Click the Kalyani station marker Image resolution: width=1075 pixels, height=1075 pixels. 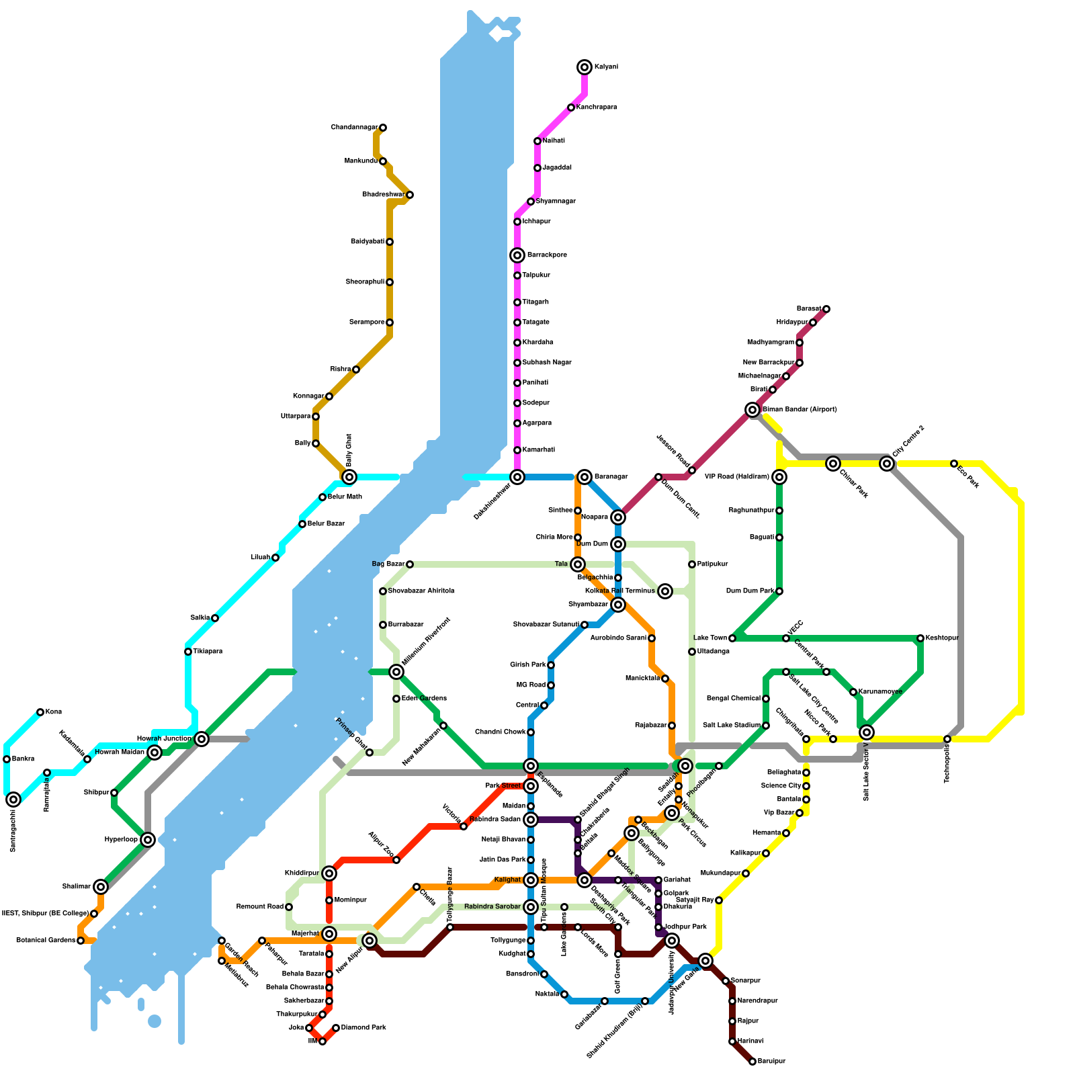pos(585,67)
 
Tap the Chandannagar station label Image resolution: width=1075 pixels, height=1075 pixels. pos(354,128)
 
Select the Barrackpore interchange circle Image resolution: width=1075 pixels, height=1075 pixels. pos(517,255)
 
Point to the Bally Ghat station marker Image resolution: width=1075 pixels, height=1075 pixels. pos(349,477)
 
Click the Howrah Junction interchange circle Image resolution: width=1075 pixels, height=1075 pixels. pos(202,739)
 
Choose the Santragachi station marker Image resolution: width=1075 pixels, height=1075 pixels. pos(13,800)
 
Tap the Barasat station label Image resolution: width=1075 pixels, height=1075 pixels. pos(809,309)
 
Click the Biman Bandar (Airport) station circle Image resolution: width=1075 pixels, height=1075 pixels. pos(752,410)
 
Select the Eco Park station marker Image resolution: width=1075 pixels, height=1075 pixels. pos(954,464)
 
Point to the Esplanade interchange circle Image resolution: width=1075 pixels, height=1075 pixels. pos(531,766)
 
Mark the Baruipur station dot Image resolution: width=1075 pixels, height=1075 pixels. pos(752,1062)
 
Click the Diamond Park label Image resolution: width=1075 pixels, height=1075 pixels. pos(363,1028)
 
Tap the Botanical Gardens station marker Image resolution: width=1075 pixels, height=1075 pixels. pos(81,941)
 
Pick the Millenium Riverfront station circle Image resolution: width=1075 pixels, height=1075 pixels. pos(396,672)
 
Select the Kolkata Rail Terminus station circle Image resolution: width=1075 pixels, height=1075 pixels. pos(665,591)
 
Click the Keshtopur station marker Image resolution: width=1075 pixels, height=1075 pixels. pos(920,638)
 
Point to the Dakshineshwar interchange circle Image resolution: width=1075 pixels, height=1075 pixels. pos(517,477)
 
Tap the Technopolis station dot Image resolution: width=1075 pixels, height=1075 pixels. pos(947,739)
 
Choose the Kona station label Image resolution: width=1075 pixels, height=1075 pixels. pos(54,712)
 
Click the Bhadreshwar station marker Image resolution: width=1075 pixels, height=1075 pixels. pos(410,195)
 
